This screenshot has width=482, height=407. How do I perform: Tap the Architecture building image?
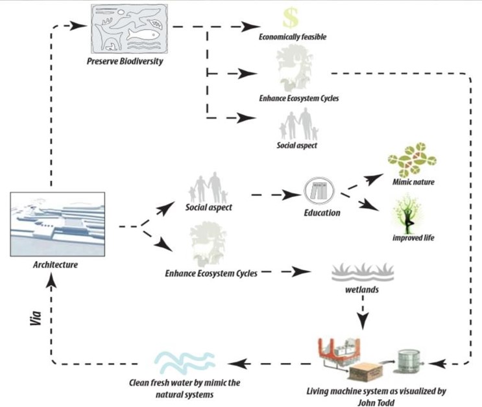(58, 224)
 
